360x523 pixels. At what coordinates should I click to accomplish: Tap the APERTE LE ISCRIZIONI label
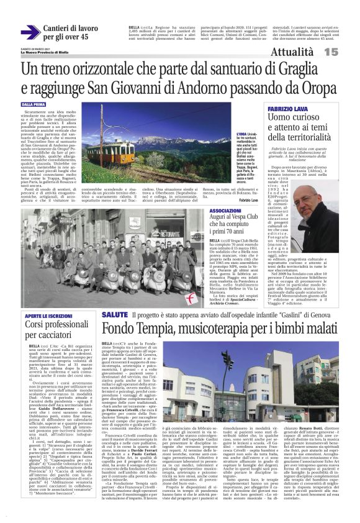click(49, 316)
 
